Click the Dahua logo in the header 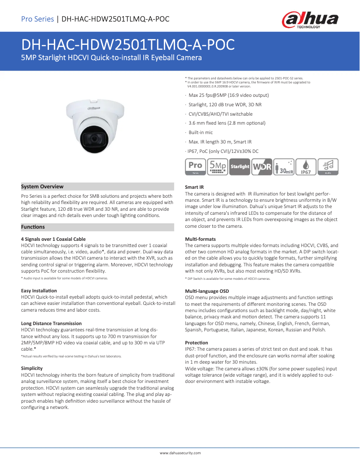point(310,19)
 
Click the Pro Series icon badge point(195,166)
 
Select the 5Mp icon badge point(218,166)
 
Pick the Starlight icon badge point(240,166)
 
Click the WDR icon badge point(262,166)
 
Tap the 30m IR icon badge point(284,166)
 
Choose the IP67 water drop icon point(306,166)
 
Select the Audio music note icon point(328,166)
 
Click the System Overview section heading point(43,187)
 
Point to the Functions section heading point(33,227)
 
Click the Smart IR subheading point(194,187)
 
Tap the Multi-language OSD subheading point(207,291)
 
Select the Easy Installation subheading point(39,291)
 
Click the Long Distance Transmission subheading point(51,323)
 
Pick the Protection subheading point(197,342)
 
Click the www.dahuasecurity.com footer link point(180,453)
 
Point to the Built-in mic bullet point(201,132)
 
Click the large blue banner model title point(128,45)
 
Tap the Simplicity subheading point(32,368)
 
